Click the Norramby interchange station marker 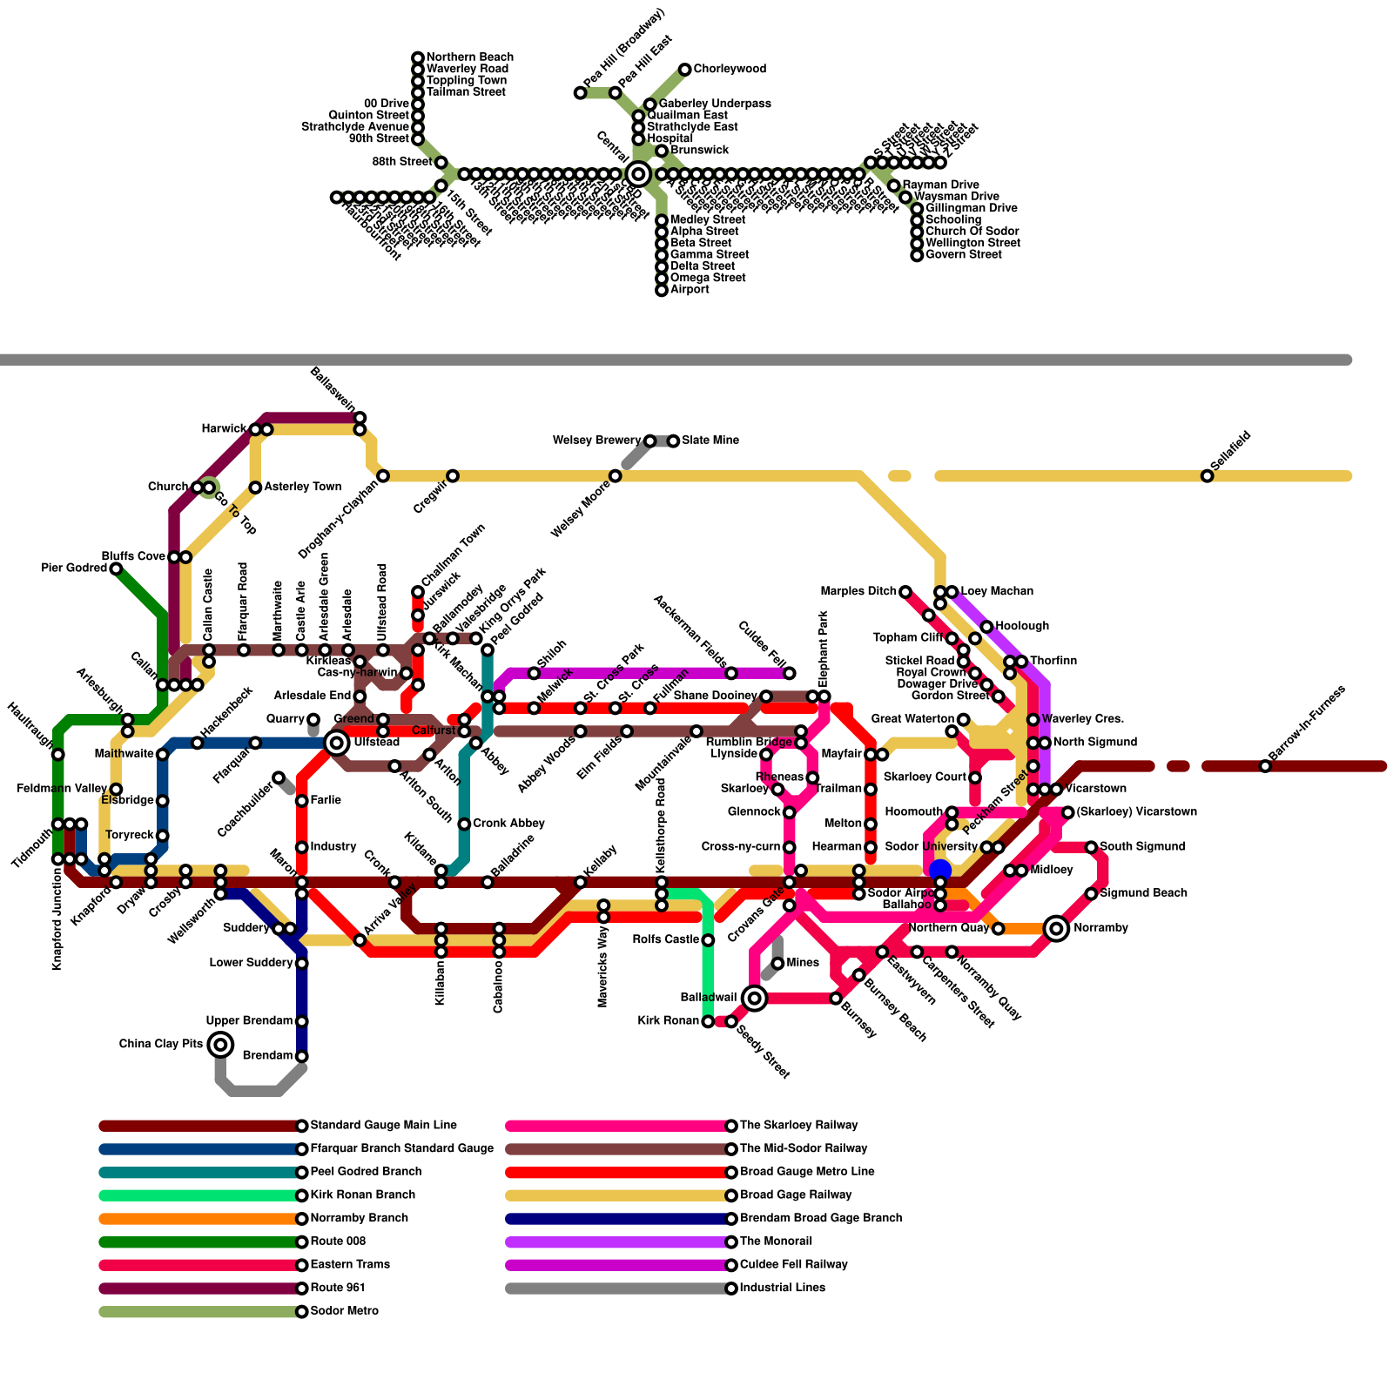coord(1056,928)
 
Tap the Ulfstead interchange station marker coord(337,743)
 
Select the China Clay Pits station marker coord(221,1044)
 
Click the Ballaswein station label coord(333,389)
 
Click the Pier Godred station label coord(74,569)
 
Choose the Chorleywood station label coord(730,69)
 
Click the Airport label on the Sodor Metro coord(690,289)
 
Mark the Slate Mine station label coord(710,441)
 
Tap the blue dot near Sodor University coord(940,870)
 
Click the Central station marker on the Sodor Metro coord(638,173)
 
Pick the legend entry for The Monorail coord(776,1242)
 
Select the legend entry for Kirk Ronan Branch coord(363,1195)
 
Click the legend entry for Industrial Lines coord(783,1288)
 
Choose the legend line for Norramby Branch coord(200,1219)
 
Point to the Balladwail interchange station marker coord(755,998)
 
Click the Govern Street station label coord(964,255)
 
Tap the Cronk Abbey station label coord(509,824)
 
